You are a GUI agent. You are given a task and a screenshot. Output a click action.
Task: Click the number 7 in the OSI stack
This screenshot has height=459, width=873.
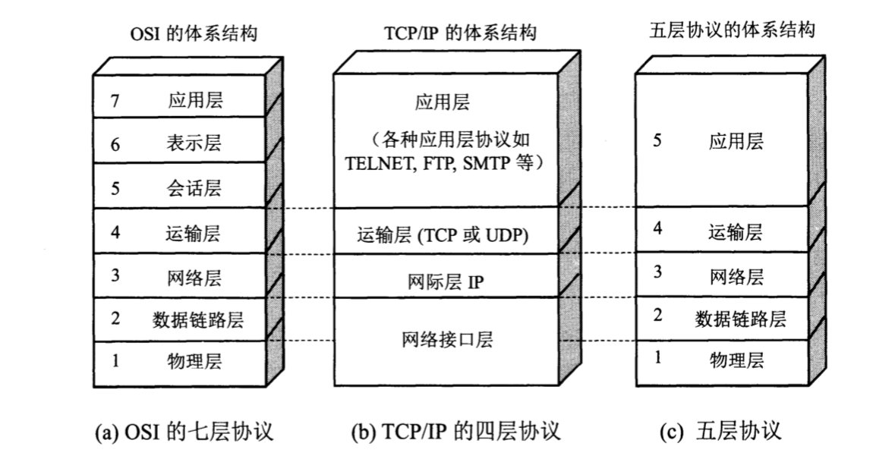click(x=115, y=101)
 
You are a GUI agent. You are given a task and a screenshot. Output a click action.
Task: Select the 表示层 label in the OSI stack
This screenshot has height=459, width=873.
click(x=194, y=143)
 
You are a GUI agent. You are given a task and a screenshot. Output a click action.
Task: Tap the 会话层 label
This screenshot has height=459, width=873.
click(x=194, y=187)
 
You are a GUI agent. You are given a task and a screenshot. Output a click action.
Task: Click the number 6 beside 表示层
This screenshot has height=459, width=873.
click(x=115, y=145)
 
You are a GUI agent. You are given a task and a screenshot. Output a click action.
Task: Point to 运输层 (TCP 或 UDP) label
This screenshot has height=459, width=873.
click(x=443, y=235)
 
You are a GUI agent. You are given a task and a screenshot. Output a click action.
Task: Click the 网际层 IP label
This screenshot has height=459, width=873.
click(x=446, y=282)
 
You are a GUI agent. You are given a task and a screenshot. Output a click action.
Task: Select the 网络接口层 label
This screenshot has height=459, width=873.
click(x=448, y=339)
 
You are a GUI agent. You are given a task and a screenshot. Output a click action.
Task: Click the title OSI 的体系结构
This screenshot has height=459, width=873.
click(x=194, y=34)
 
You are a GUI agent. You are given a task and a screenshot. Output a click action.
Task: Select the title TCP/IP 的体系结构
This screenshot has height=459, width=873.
click(x=460, y=33)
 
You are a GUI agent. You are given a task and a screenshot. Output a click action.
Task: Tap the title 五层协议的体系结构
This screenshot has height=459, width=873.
click(x=732, y=30)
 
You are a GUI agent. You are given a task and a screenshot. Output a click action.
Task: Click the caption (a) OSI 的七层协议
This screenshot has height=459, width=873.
click(x=184, y=432)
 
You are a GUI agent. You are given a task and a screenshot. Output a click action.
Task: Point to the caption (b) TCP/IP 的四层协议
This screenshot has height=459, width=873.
click(x=455, y=432)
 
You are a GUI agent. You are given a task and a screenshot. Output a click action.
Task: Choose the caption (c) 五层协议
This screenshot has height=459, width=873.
click(x=720, y=431)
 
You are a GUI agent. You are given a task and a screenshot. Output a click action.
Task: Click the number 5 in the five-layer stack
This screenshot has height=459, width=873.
click(x=657, y=140)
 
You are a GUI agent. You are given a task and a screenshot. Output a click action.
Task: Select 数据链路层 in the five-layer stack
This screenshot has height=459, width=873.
click(x=740, y=319)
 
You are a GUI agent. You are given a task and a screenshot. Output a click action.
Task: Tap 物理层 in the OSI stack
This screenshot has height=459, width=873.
click(x=194, y=361)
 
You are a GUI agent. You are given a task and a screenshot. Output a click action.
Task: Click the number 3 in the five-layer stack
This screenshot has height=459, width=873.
click(x=657, y=272)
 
